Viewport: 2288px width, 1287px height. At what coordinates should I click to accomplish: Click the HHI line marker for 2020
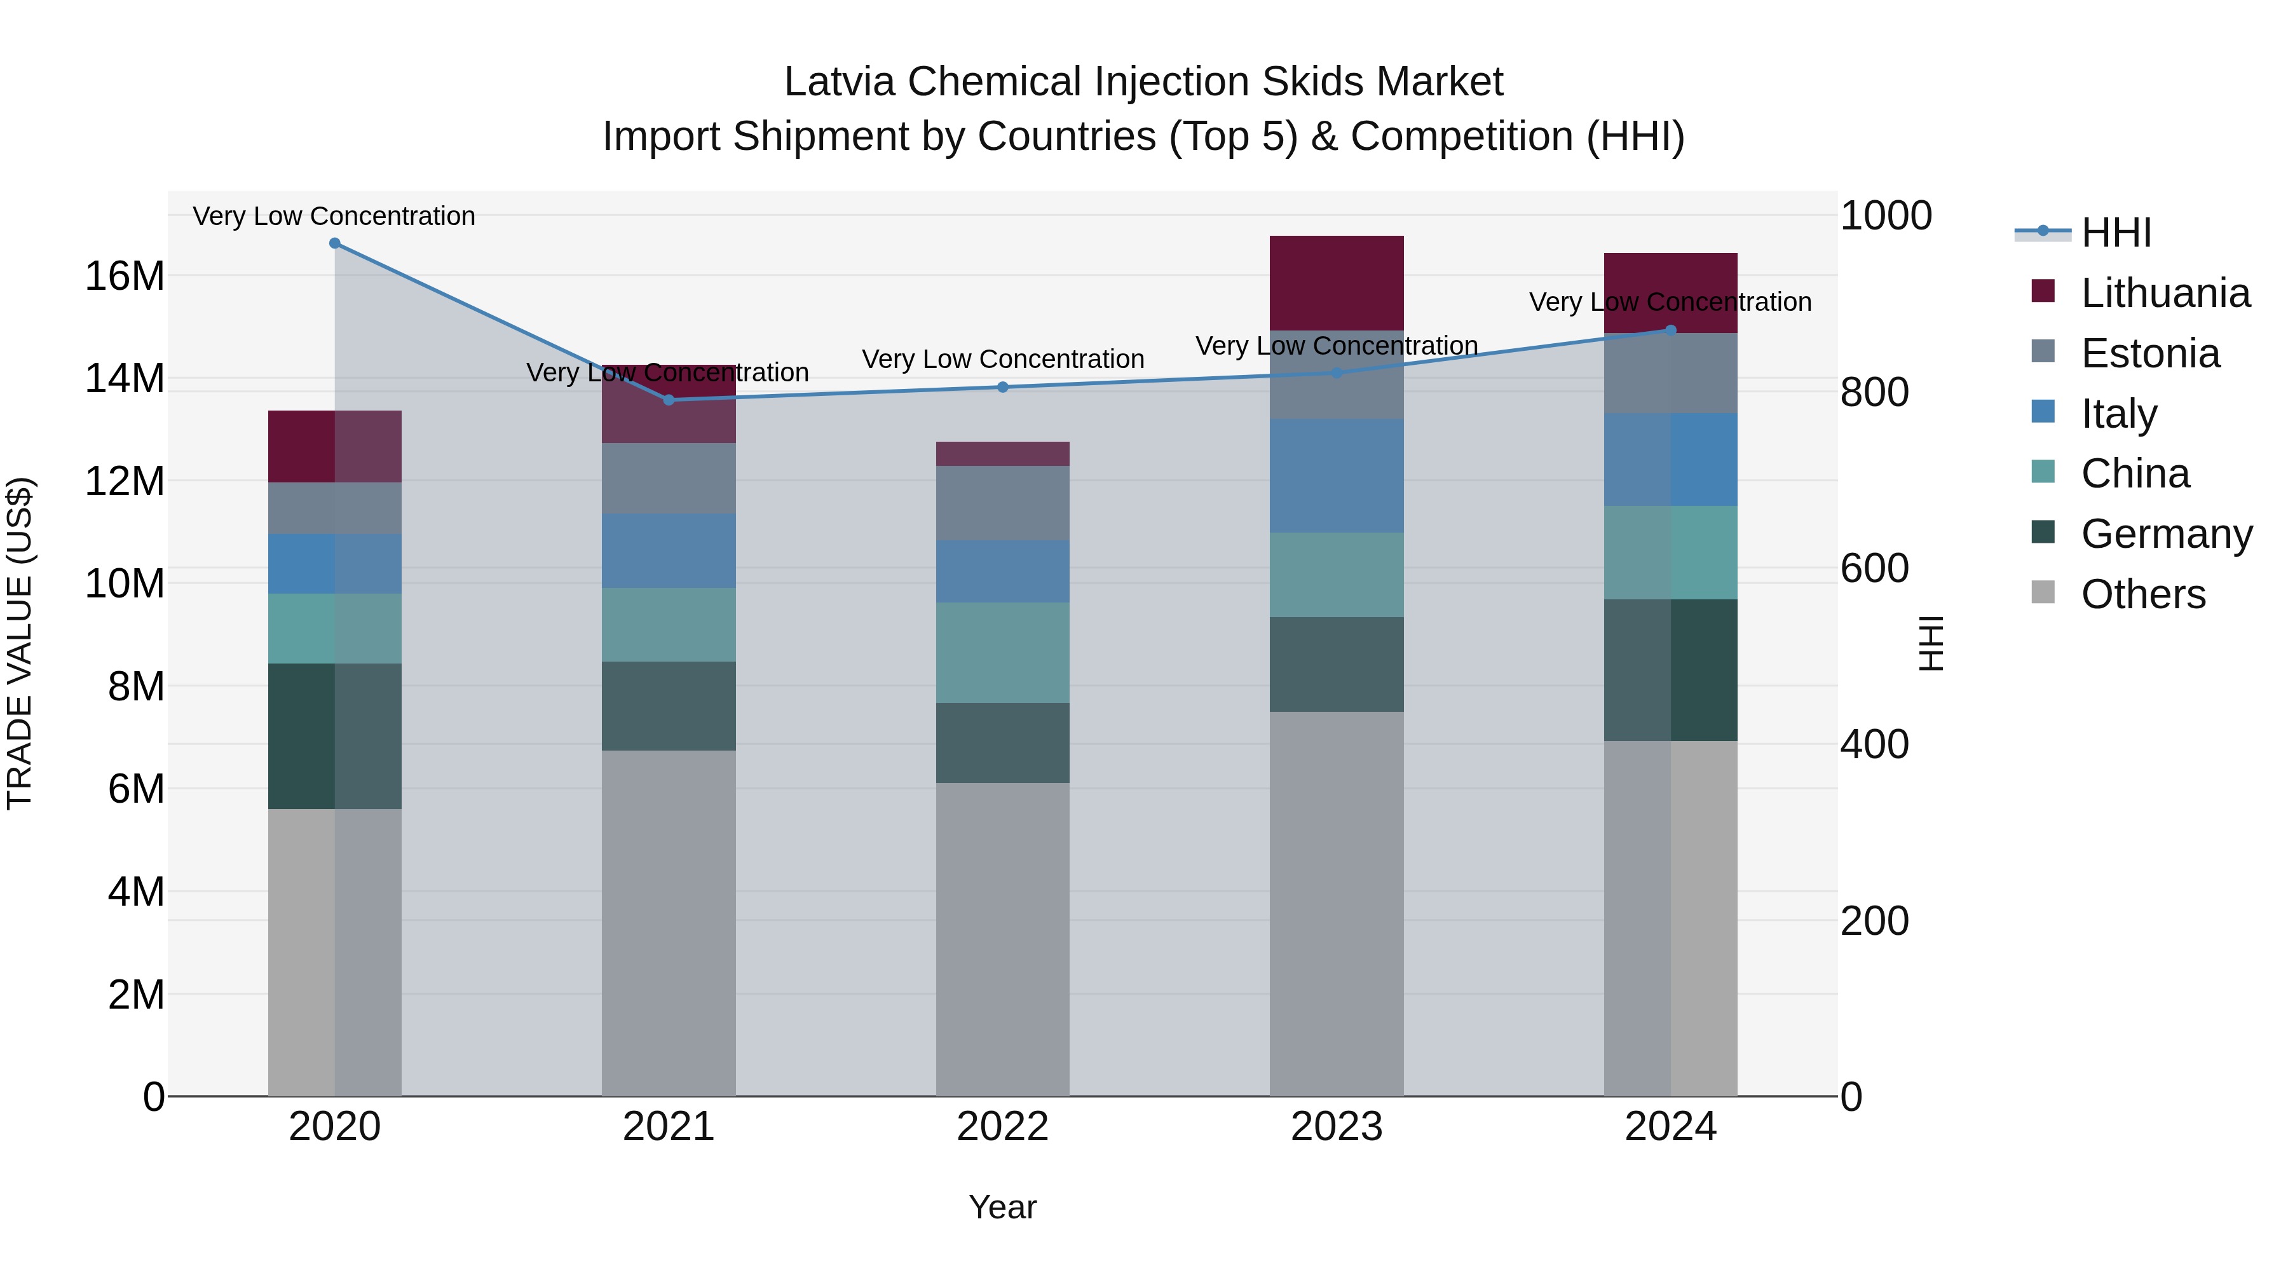[x=335, y=243]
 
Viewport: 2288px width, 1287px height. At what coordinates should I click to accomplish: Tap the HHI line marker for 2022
[x=1003, y=387]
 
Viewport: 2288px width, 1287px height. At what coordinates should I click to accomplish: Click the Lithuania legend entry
[x=2165, y=293]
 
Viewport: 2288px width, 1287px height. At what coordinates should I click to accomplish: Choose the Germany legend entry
[x=2165, y=534]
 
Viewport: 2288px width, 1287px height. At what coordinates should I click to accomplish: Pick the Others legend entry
[x=2142, y=594]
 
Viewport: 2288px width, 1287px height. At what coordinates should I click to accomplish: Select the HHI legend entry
[x=2116, y=233]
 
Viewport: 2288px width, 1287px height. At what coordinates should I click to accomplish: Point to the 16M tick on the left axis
[x=125, y=276]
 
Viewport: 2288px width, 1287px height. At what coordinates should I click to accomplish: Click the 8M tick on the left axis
[x=135, y=686]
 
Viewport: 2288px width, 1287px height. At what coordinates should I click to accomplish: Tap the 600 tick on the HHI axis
[x=1874, y=568]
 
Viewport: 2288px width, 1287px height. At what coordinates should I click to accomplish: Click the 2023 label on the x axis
[x=1337, y=1127]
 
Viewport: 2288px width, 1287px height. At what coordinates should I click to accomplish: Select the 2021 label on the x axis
[x=669, y=1127]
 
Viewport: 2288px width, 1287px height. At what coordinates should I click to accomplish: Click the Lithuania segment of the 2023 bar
[x=1337, y=283]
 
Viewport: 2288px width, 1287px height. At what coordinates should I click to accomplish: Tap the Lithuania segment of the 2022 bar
[x=1003, y=454]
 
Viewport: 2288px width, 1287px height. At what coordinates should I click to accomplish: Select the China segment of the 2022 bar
[x=1003, y=653]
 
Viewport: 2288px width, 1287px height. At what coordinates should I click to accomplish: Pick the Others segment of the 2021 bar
[x=669, y=923]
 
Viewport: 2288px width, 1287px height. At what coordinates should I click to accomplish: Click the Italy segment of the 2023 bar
[x=1337, y=476]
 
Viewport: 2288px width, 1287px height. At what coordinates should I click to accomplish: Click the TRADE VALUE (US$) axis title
[x=20, y=643]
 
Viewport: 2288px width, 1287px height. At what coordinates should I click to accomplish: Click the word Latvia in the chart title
[x=840, y=83]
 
